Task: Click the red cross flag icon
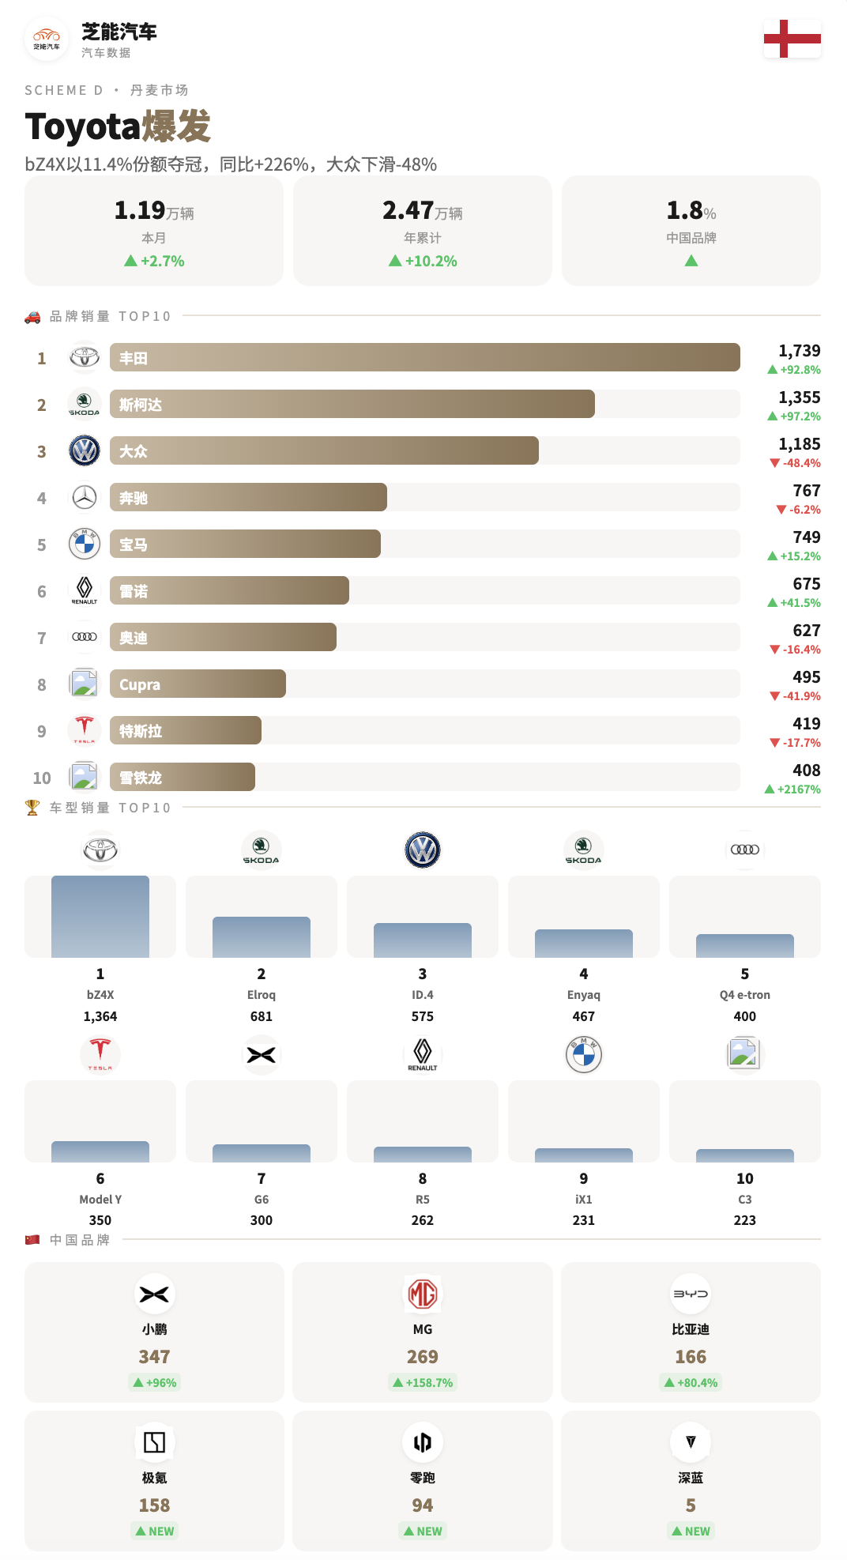coord(792,39)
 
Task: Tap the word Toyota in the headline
coord(83,127)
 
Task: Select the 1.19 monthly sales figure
coord(140,210)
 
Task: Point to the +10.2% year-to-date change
coord(431,262)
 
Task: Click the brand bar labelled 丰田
coord(424,357)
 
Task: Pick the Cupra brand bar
coord(198,684)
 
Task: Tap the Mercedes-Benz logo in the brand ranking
coord(85,498)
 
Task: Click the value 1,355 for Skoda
coord(799,398)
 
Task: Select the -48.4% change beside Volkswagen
coord(801,463)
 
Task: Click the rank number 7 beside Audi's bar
coord(42,639)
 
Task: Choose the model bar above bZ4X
coord(100,916)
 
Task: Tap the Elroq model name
coord(262,995)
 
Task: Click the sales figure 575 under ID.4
coord(423,1016)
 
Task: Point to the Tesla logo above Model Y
coord(100,1054)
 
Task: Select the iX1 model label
coord(584,1200)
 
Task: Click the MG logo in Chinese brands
coord(423,1294)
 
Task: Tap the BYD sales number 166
coord(691,1357)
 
